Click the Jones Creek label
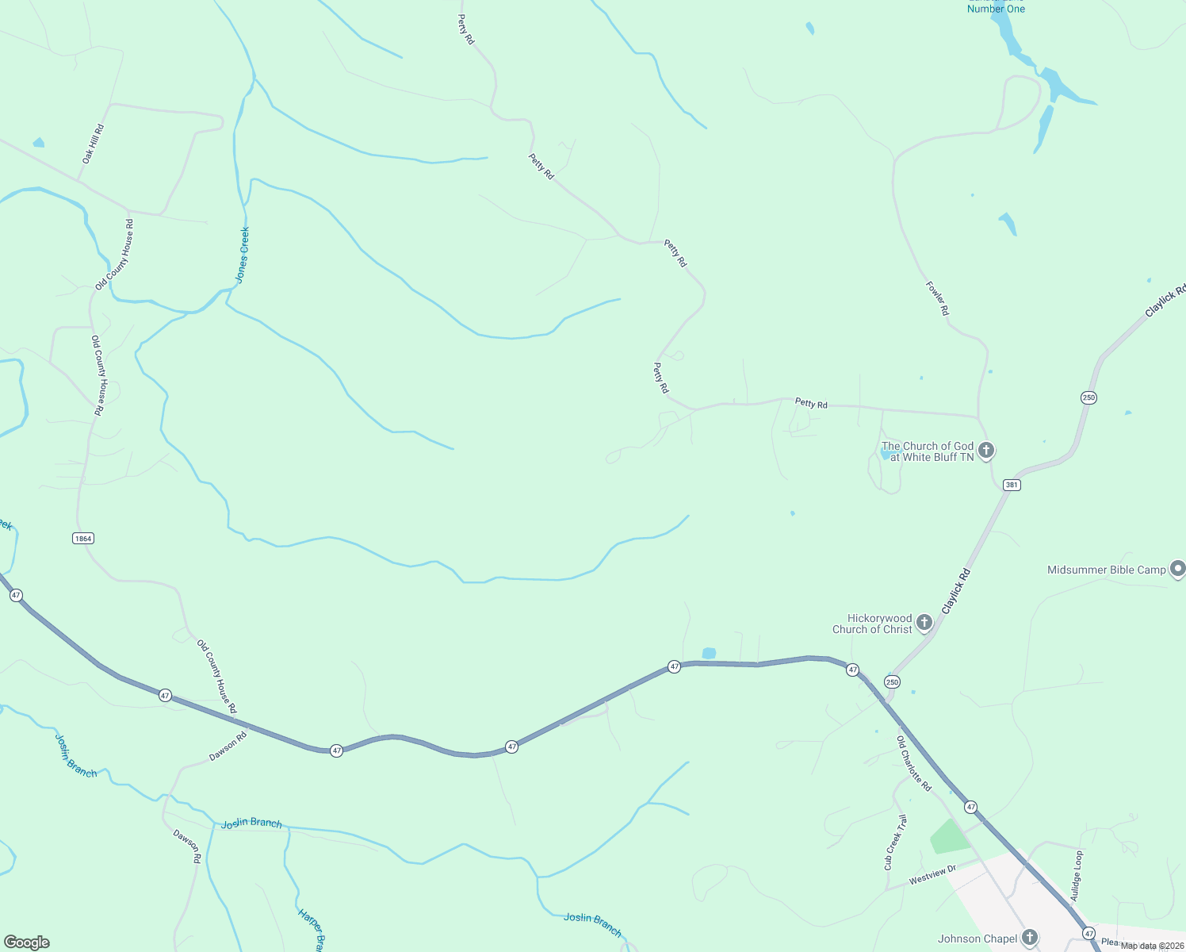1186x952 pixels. (243, 255)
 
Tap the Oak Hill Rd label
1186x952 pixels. (93, 144)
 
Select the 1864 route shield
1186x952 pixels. (82, 538)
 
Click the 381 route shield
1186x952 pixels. (1011, 485)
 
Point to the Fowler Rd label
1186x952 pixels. (937, 298)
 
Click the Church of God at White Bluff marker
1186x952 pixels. (986, 451)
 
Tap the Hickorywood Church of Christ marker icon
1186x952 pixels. (924, 623)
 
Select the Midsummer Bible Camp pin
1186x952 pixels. (1177, 569)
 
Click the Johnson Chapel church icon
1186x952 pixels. (1029, 938)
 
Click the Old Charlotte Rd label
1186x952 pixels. (913, 763)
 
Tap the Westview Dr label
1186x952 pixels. (932, 874)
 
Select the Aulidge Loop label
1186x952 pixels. (1076, 876)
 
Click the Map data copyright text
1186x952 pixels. (1151, 946)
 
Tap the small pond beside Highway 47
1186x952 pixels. (709, 653)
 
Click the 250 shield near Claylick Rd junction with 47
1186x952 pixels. (893, 682)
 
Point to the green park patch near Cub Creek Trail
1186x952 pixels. (950, 836)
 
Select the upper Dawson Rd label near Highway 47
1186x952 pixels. (228, 746)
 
